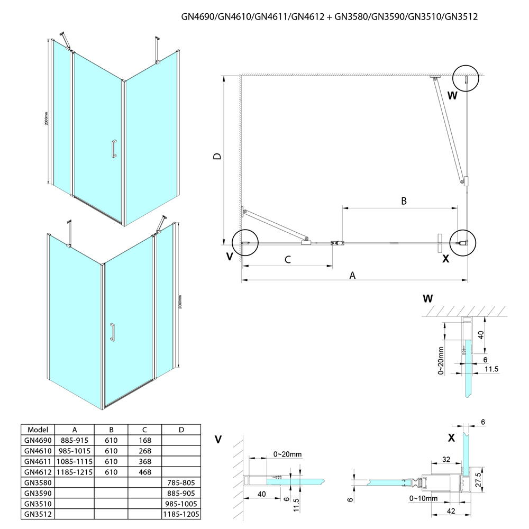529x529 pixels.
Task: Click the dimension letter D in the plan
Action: click(216, 157)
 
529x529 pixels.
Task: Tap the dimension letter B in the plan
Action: click(403, 200)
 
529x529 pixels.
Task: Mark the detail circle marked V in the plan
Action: click(244, 243)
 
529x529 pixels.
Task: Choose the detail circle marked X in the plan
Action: click(463, 243)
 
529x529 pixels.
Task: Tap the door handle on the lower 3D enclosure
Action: click(112, 332)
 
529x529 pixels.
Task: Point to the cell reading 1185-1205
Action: click(181, 514)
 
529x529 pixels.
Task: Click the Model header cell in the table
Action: click(37, 430)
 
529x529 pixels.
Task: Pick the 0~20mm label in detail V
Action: click(288, 454)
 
